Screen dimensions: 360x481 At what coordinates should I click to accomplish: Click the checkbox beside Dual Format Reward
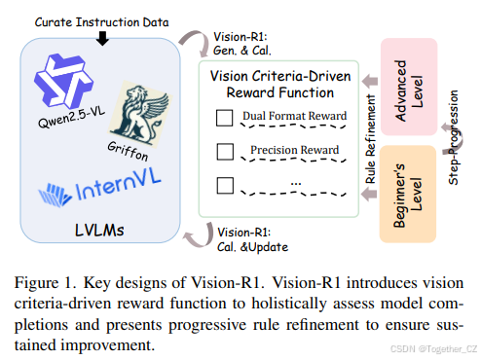224,123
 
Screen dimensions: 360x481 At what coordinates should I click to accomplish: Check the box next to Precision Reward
224,151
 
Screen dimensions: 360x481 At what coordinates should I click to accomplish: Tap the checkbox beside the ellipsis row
224,182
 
